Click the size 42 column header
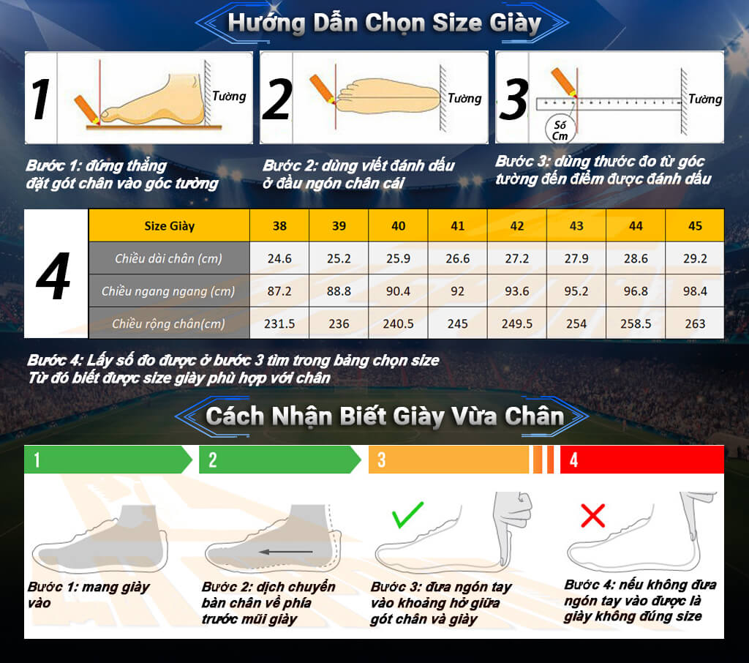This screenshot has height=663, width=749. (517, 225)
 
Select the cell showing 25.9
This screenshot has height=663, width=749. (399, 258)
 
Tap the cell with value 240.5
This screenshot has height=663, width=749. (399, 323)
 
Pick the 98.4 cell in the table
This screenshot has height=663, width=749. (695, 291)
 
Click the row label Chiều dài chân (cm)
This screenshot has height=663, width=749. (169, 258)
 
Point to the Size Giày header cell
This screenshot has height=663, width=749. (169, 225)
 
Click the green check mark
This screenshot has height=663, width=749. (407, 514)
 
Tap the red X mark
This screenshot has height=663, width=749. (592, 515)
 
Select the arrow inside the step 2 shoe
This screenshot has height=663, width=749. (286, 552)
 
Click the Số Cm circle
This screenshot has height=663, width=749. (560, 130)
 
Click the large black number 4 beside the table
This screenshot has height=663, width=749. (53, 276)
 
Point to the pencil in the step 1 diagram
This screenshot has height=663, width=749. (87, 110)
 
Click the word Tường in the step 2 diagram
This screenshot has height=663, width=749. (464, 99)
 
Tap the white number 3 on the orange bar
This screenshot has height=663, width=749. (381, 460)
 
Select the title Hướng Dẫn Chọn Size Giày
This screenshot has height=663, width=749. (384, 23)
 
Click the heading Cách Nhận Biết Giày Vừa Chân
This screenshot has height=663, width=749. (385, 416)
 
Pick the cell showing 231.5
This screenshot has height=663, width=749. (279, 323)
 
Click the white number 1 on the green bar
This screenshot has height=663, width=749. (37, 460)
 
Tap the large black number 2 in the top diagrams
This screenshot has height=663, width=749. (276, 100)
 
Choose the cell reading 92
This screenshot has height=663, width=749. (458, 291)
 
